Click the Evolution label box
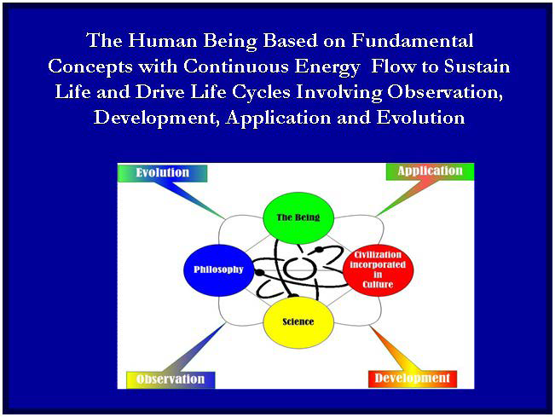[x=163, y=173]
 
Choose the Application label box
[x=430, y=171]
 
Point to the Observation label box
[x=171, y=379]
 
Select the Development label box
[x=412, y=378]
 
